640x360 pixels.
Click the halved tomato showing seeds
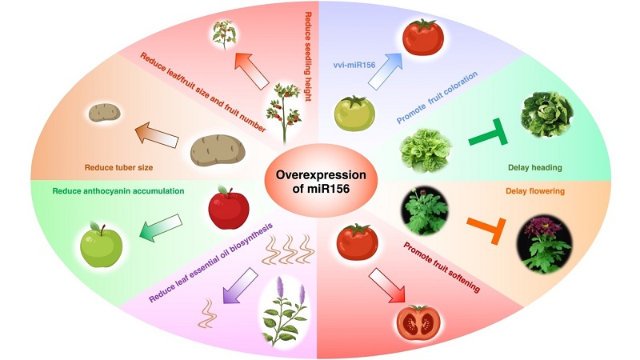click(x=418, y=321)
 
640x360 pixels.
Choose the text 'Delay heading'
click(x=534, y=169)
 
